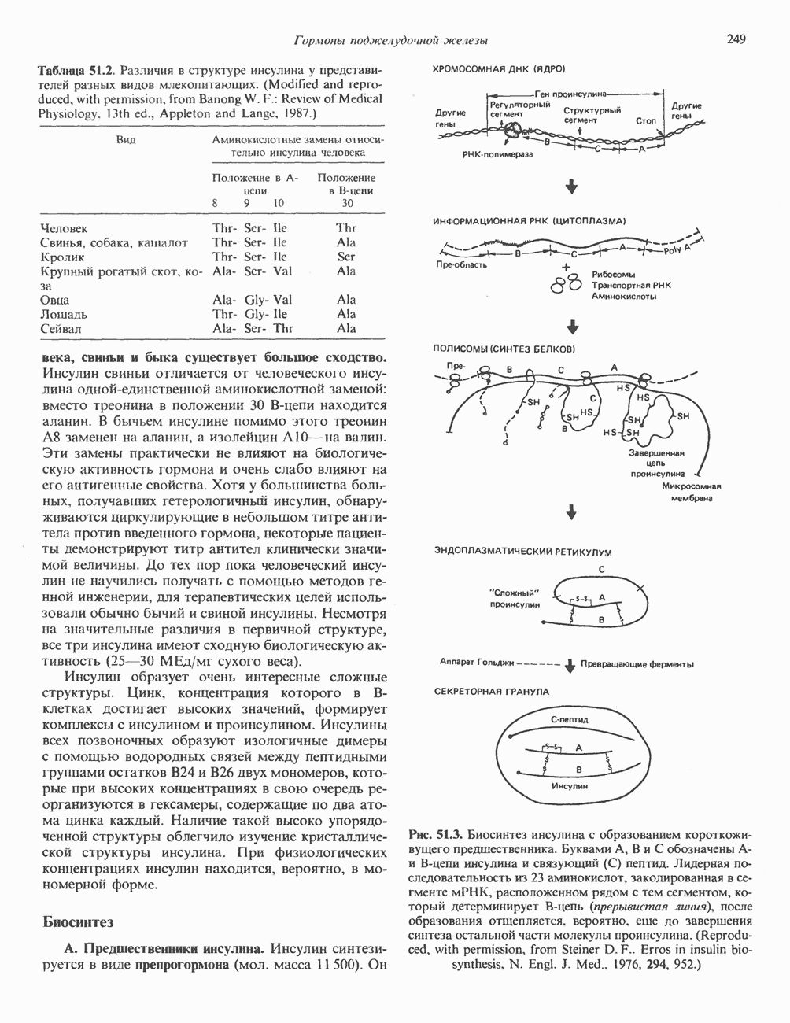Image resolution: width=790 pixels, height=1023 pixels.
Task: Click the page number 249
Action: click(x=736, y=39)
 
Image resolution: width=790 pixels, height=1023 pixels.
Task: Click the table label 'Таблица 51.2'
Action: click(x=78, y=70)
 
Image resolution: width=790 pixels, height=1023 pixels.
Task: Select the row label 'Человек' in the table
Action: click(x=64, y=228)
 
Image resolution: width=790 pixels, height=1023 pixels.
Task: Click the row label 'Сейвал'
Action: click(x=61, y=328)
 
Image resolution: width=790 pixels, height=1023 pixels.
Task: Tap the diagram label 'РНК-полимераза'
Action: click(x=497, y=155)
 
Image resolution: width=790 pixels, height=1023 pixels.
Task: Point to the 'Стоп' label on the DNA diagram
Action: click(x=647, y=121)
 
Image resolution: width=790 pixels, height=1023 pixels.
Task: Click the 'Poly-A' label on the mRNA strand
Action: click(x=676, y=249)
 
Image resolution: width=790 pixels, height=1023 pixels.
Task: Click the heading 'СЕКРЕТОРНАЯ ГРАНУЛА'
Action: click(x=492, y=691)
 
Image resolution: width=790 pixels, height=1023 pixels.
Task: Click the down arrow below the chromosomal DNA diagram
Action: click(x=572, y=187)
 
